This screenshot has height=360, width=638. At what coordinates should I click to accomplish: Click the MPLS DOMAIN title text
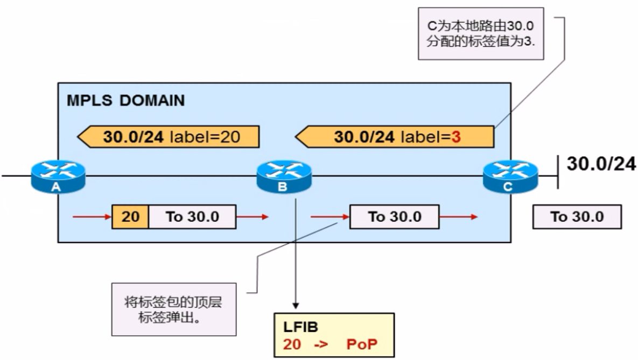(125, 101)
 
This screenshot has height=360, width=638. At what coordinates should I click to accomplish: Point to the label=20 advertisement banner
(169, 137)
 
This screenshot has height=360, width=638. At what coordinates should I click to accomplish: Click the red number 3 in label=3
(456, 137)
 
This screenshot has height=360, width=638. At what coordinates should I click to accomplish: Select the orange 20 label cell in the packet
(130, 217)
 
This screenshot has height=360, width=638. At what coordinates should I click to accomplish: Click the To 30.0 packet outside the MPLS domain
(577, 217)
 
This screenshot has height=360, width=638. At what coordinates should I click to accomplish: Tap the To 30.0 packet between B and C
(395, 217)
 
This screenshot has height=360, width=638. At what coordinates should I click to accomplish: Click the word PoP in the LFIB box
(362, 345)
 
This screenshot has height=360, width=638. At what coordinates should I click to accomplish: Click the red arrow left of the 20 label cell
(92, 217)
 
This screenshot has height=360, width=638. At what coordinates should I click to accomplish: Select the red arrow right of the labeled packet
(252, 217)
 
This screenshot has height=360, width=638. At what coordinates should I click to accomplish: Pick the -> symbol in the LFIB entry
(320, 345)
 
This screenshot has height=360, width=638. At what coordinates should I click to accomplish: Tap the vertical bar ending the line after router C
(557, 172)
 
